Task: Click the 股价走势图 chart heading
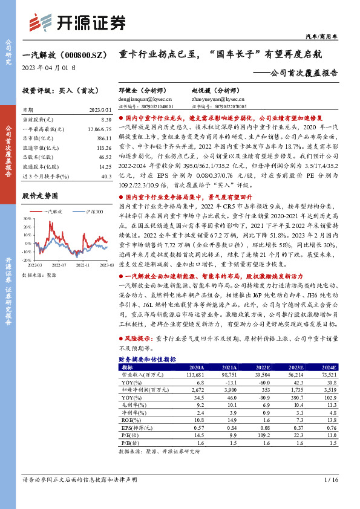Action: coord(39,196)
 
